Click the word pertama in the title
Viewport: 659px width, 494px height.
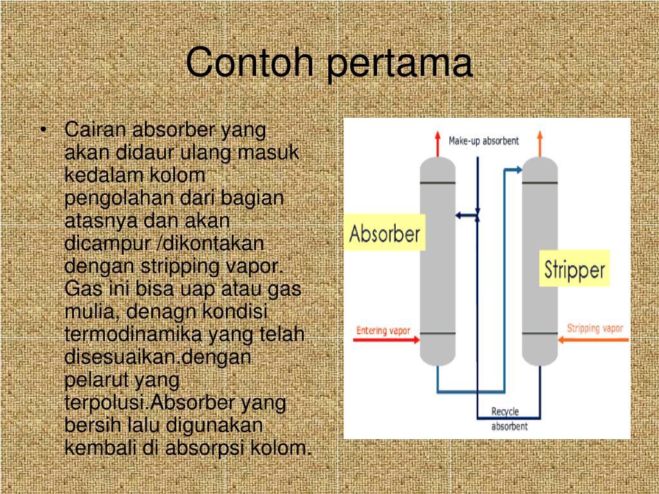click(x=399, y=64)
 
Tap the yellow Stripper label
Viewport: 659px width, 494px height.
click(x=575, y=268)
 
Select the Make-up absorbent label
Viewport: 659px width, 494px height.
click(x=483, y=141)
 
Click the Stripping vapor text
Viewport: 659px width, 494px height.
click(x=595, y=329)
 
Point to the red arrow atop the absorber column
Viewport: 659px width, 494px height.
click(x=437, y=144)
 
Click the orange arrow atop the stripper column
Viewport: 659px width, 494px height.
click(x=539, y=143)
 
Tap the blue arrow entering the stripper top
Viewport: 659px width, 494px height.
click(x=513, y=170)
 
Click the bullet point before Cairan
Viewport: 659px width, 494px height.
click(x=43, y=131)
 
